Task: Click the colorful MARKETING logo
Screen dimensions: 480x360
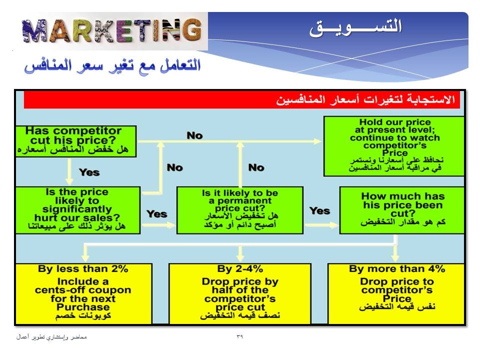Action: (112, 30)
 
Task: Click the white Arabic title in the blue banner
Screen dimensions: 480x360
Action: (355, 27)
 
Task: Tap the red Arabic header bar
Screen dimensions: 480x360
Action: (242, 99)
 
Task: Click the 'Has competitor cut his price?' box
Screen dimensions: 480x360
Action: (76, 141)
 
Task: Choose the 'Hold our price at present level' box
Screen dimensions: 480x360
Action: (394, 146)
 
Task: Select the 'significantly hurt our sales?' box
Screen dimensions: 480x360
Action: (78, 210)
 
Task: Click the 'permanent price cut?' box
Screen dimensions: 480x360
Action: (240, 210)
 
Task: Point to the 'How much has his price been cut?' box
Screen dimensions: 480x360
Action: (402, 210)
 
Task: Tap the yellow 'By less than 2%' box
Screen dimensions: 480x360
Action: (83, 294)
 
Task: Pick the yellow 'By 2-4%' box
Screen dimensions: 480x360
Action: (240, 294)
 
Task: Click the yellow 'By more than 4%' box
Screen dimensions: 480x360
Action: (396, 294)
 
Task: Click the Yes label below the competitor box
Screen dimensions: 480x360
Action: (89, 172)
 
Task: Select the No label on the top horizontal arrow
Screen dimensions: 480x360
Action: (194, 135)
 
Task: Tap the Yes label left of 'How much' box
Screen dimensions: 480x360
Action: (319, 210)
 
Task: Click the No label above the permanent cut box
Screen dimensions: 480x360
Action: (256, 167)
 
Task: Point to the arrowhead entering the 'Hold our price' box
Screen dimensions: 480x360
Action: (318, 141)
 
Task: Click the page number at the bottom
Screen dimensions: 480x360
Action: (239, 336)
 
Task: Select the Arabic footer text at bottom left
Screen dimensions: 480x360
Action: (51, 337)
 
